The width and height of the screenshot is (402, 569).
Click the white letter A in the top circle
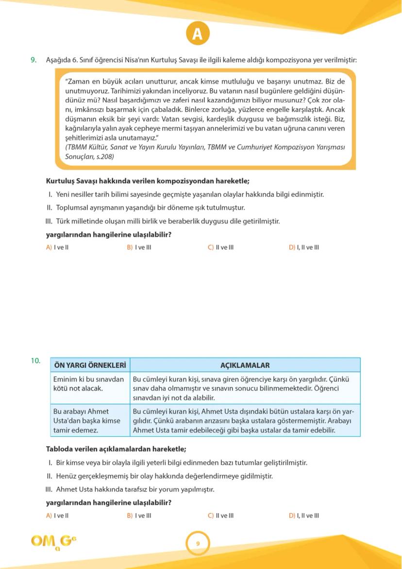197,34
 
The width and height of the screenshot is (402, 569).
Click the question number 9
33,60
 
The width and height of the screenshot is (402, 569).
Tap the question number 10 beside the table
35,361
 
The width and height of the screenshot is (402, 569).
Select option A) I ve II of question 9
57,247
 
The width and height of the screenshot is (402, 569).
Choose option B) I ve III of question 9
139,247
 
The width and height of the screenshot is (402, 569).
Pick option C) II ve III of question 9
221,247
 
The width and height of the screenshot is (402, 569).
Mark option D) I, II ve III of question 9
304,247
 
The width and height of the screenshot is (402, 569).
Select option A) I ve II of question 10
57,516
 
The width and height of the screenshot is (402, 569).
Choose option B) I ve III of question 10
139,516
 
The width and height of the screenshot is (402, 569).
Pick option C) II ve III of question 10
221,516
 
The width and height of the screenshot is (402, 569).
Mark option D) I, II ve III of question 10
304,516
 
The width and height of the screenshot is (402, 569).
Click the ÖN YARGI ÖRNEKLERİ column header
90,365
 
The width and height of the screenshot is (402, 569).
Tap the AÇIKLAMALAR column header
245,365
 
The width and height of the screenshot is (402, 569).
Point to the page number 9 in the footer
198,543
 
